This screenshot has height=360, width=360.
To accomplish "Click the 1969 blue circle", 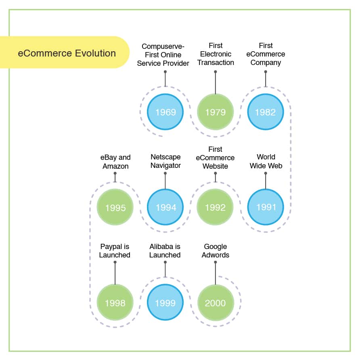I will pos(165,112).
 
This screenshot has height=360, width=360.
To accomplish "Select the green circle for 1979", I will pos(215,112).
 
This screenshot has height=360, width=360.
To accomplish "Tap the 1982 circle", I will pos(265,112).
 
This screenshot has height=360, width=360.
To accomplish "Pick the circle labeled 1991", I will pos(266,207).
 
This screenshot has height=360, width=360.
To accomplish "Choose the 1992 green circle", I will pos(215,207).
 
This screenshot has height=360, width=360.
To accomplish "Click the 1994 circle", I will pos(165,207).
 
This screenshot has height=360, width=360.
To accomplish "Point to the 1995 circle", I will pos(115,207).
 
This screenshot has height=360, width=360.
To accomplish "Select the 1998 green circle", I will pos(115,303).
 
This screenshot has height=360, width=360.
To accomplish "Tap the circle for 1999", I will pos(165,303).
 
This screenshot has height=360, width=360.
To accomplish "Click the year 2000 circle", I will pos(215,303).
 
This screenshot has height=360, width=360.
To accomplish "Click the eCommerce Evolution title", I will pos(67,53).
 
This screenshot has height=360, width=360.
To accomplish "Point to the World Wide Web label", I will pos(266,161).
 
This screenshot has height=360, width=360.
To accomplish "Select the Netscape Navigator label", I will pos(165,161).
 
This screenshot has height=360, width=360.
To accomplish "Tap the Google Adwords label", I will pos(216,251).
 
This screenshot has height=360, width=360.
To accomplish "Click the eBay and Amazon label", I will pos(115,162).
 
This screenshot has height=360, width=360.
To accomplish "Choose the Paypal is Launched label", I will pos(115,251).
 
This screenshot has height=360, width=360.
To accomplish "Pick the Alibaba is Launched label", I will pos(165,251).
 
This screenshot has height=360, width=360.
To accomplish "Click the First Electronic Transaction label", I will pos(216,54).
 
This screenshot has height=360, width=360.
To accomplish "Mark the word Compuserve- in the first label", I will pos(163,46).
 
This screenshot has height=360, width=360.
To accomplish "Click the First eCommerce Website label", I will pos(216,158).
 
